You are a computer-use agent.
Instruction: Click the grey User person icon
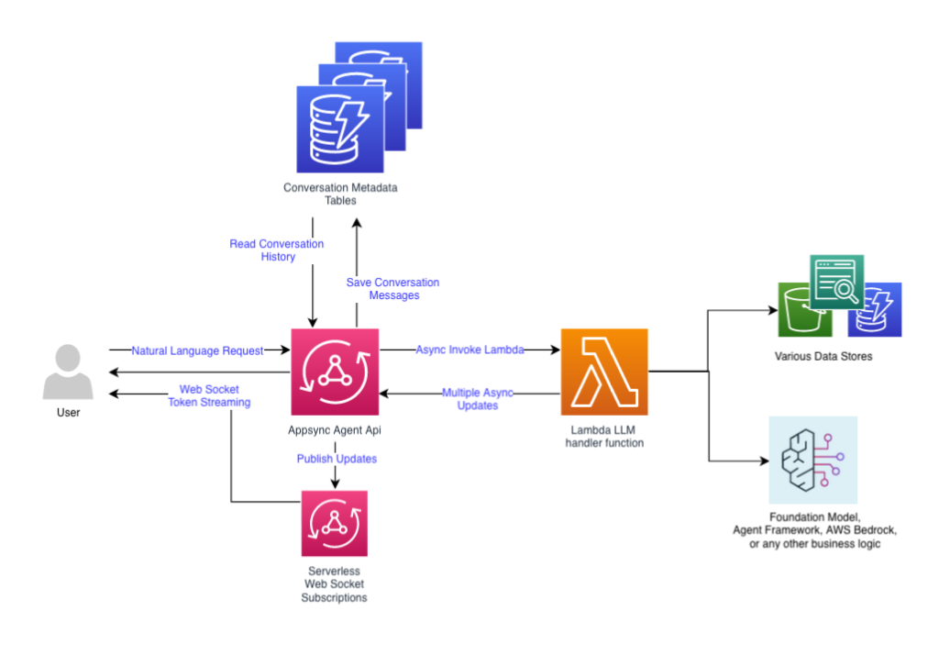(x=68, y=372)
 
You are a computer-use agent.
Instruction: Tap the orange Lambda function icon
(x=604, y=372)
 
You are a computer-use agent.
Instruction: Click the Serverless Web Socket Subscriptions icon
(x=334, y=524)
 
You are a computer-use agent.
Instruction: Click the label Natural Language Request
(x=197, y=350)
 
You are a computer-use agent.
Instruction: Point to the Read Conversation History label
(x=277, y=250)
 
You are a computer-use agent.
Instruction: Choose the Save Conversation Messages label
(x=392, y=289)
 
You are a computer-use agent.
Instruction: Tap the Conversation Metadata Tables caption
(x=341, y=194)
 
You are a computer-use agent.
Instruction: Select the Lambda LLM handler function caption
(x=604, y=437)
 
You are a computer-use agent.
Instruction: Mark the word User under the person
(x=68, y=413)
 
